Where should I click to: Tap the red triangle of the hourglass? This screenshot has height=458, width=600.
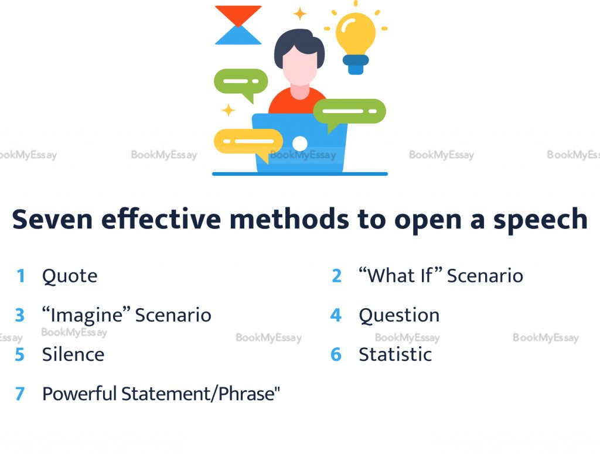click(x=238, y=14)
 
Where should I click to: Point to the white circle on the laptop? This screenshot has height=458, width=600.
click(x=299, y=143)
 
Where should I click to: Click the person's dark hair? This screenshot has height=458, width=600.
click(x=299, y=46)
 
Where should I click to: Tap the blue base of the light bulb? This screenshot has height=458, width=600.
click(x=356, y=64)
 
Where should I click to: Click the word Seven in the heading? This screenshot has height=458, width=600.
click(x=52, y=219)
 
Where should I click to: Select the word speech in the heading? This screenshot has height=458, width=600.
click(x=540, y=220)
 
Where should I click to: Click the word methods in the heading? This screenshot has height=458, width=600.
click(x=289, y=219)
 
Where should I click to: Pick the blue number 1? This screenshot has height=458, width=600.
click(x=21, y=276)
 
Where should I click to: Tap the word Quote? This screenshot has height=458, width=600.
click(x=70, y=276)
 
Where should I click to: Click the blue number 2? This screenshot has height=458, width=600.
click(x=337, y=276)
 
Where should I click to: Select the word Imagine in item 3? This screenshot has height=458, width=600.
click(x=86, y=316)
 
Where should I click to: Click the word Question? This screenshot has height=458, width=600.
click(x=399, y=316)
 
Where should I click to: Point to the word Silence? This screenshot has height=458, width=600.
click(x=73, y=355)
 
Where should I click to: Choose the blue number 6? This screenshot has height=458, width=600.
click(x=336, y=355)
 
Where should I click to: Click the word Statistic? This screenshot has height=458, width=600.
click(x=396, y=355)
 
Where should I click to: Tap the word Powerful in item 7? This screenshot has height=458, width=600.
click(x=80, y=394)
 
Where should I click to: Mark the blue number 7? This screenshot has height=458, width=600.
click(x=20, y=394)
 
